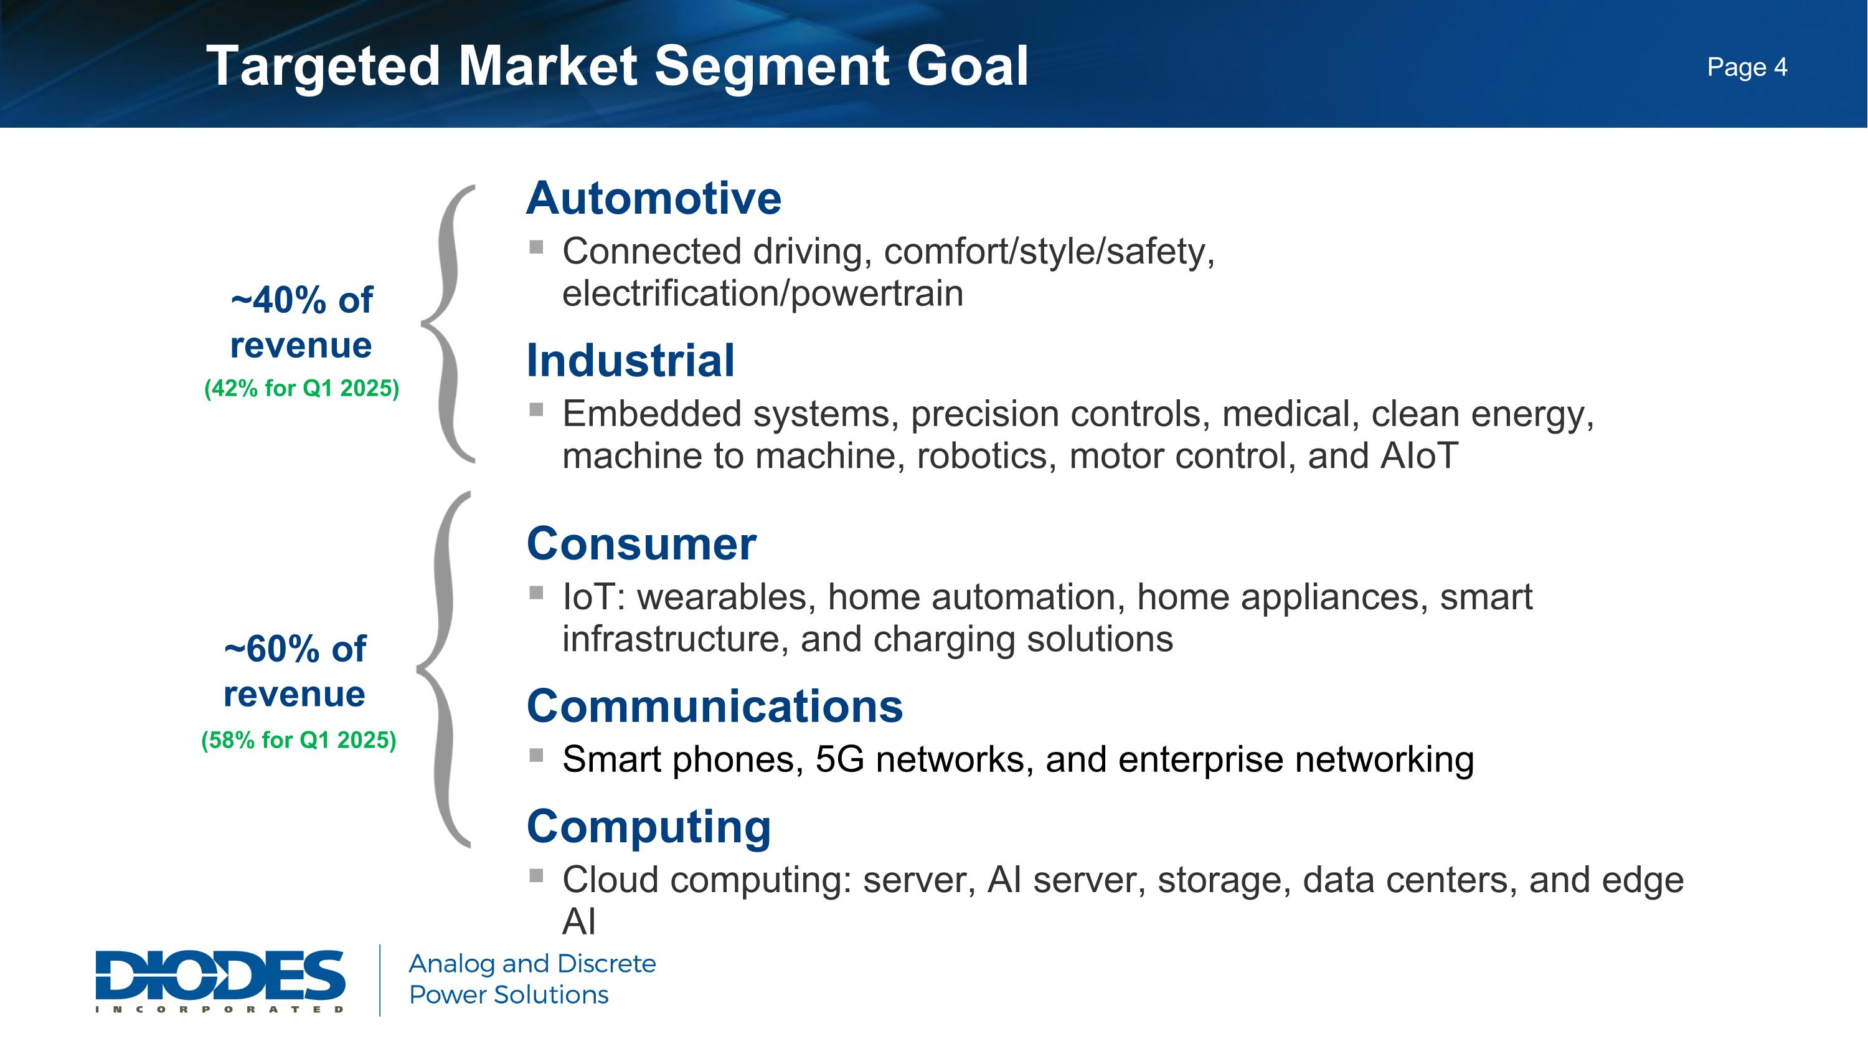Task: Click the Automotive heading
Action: (653, 198)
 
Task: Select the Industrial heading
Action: (630, 361)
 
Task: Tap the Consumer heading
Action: (641, 544)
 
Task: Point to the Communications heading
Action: (714, 706)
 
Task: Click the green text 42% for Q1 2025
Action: (301, 389)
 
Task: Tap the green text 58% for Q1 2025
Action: (299, 741)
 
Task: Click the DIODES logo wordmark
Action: (220, 976)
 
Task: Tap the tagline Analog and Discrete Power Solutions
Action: (532, 979)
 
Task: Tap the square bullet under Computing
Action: (537, 875)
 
